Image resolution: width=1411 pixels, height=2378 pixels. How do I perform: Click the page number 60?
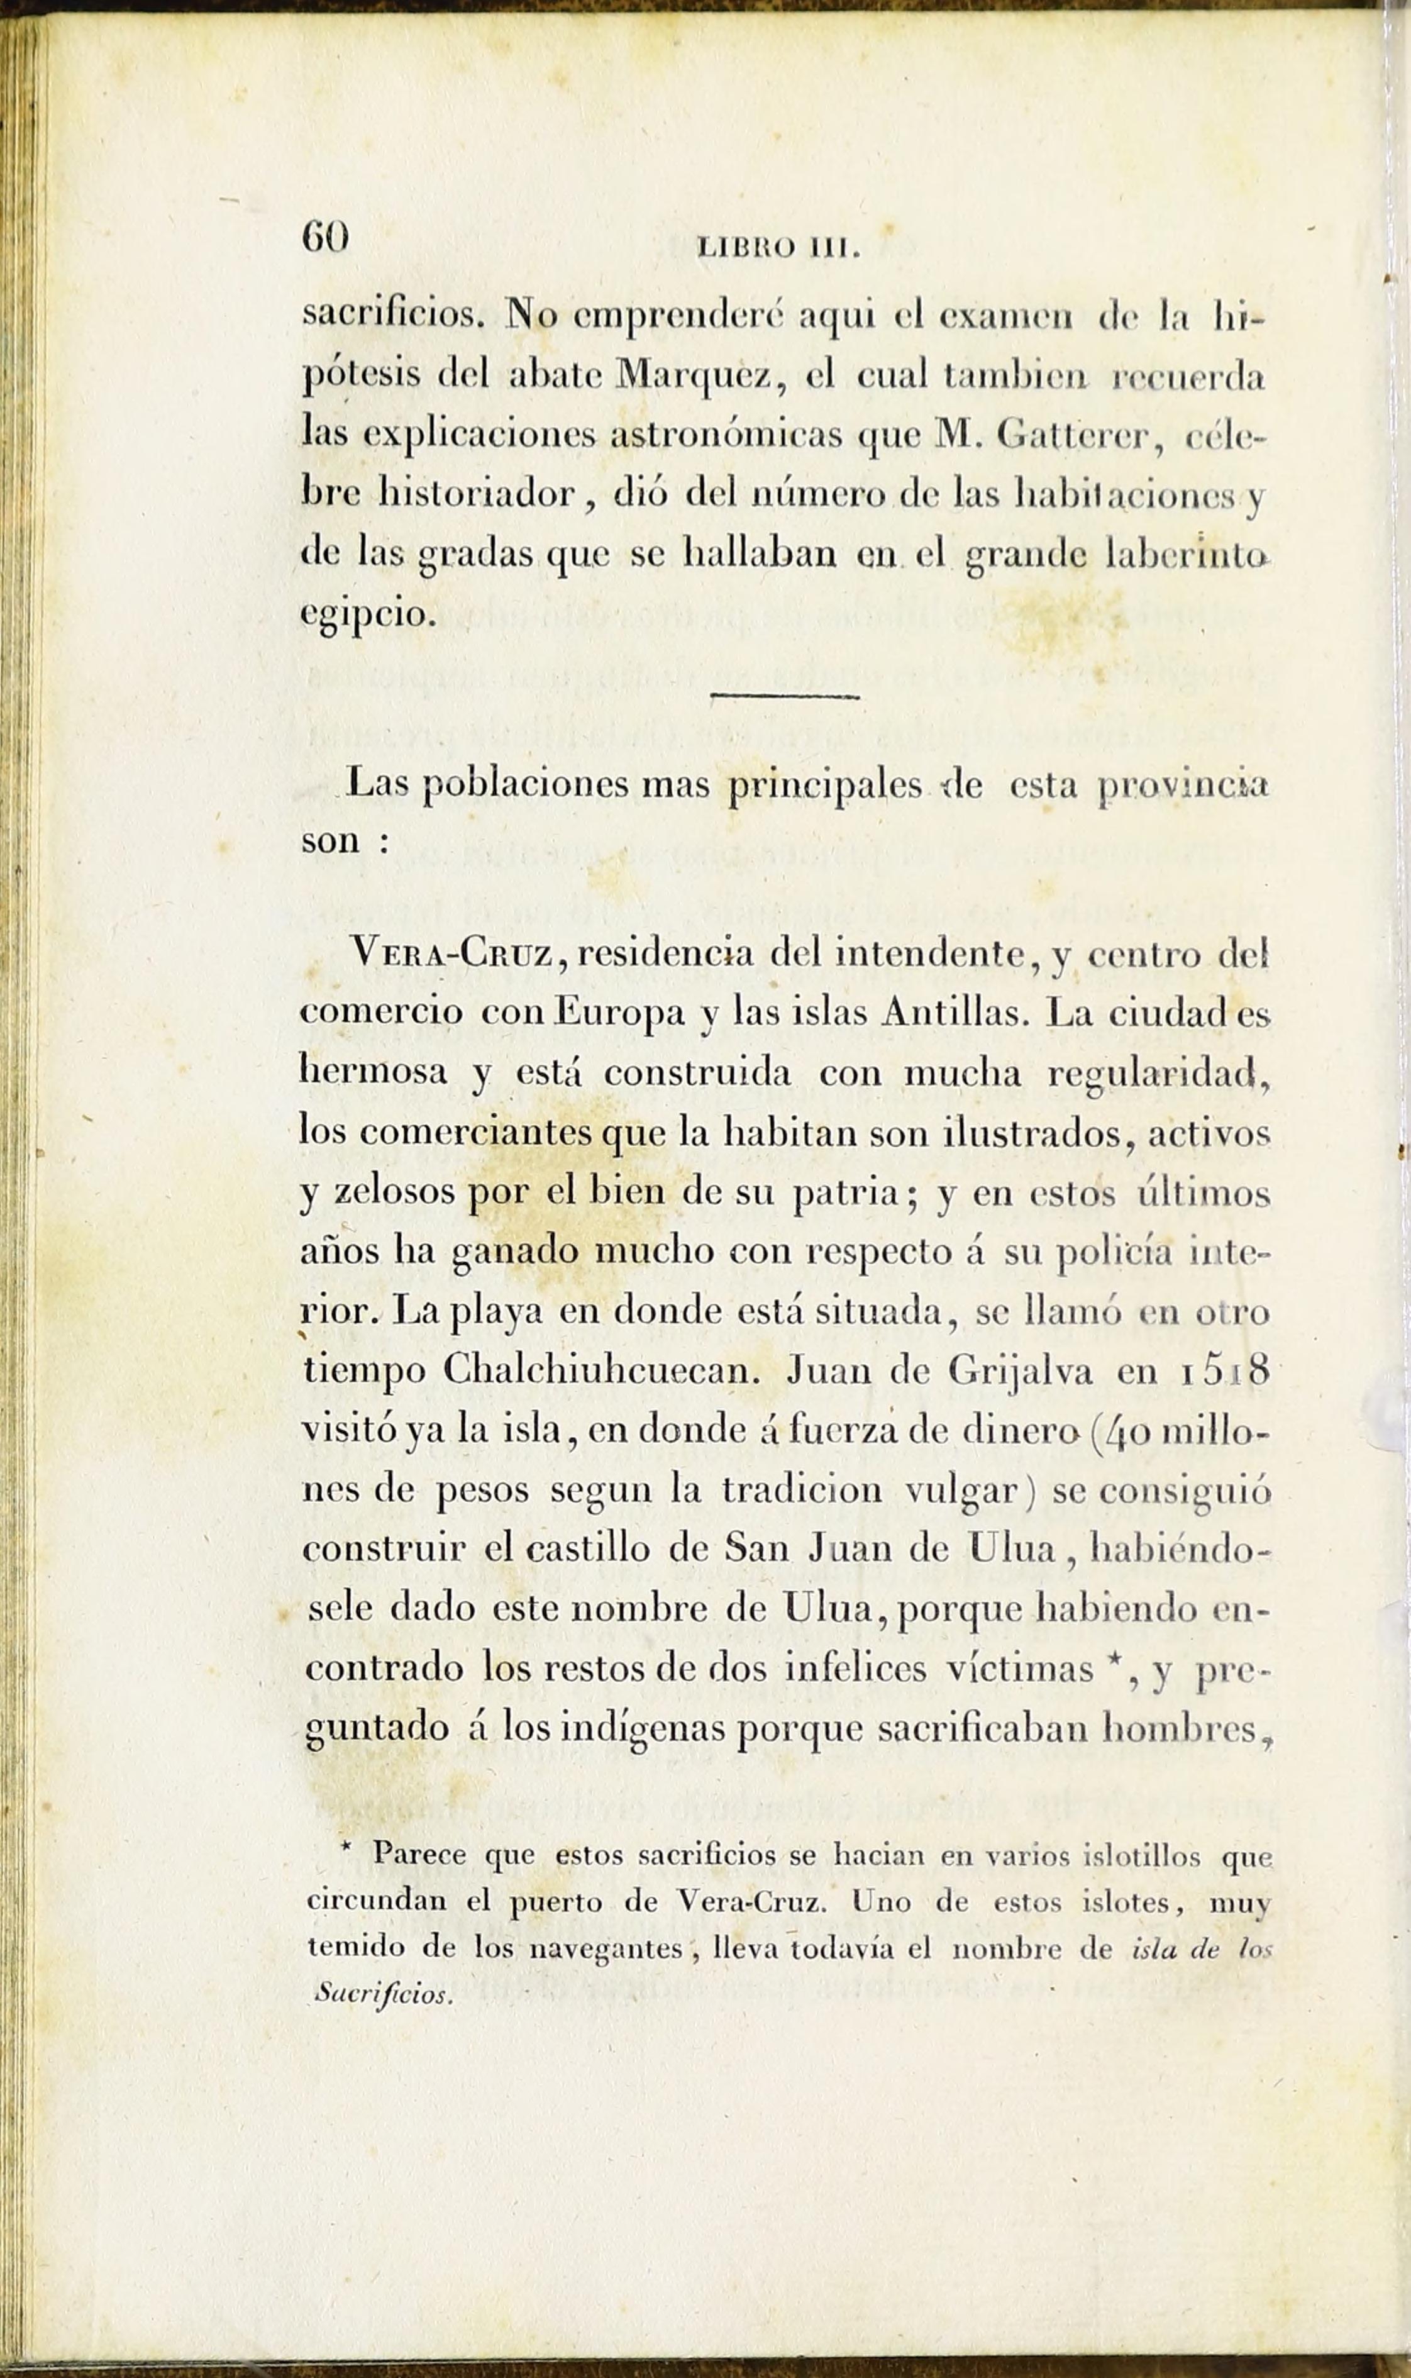[325, 236]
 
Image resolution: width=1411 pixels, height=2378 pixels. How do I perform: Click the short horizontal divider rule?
[785, 697]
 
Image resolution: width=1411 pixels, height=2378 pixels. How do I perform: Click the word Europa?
[619, 1013]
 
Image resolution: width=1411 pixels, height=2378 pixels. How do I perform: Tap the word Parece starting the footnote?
[418, 1852]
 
